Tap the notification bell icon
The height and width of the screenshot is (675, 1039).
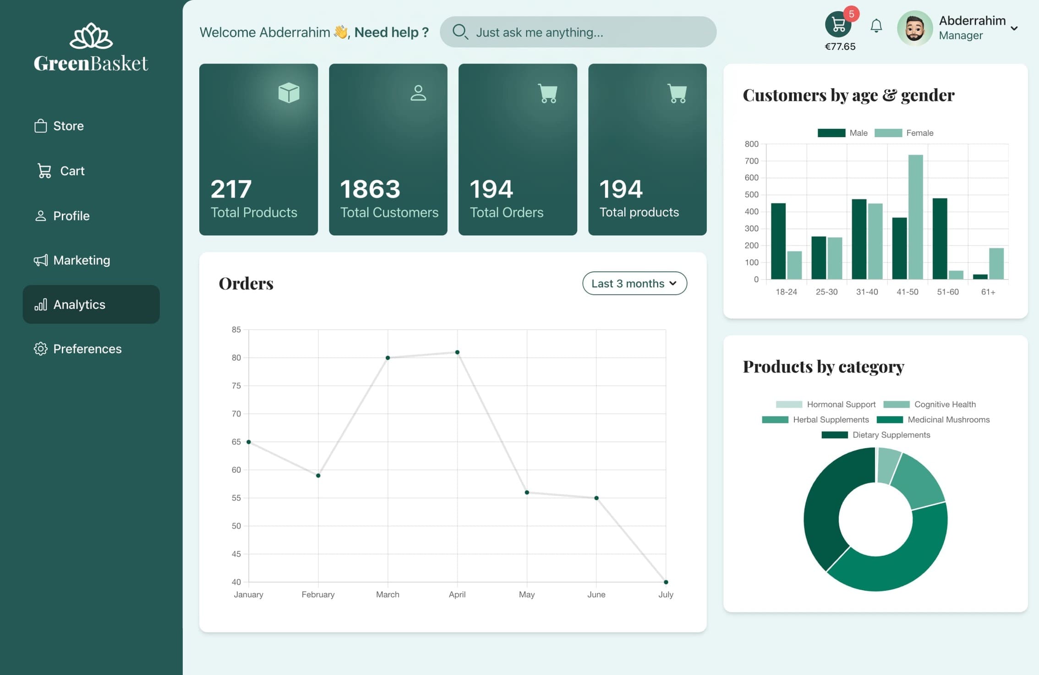[x=876, y=26]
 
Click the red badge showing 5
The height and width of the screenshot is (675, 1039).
[x=851, y=14]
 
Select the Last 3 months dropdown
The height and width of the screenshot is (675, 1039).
[x=634, y=283]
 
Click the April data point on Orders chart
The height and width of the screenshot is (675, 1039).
[x=457, y=352]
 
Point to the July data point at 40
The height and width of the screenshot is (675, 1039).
[x=666, y=582]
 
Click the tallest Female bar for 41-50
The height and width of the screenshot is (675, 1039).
[x=915, y=218]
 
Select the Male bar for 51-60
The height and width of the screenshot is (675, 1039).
[x=940, y=238]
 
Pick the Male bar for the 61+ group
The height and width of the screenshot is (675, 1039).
[x=980, y=277]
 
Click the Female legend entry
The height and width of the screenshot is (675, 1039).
[x=903, y=133]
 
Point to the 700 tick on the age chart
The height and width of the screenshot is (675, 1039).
[x=751, y=161]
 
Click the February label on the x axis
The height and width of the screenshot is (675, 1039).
[x=318, y=594]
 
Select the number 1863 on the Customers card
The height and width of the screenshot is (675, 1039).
[x=370, y=189]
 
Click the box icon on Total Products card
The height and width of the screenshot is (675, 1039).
[x=289, y=93]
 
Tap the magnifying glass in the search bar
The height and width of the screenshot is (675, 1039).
[x=459, y=32]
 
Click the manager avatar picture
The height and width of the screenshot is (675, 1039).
[x=914, y=28]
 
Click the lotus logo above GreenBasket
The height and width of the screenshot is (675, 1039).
[x=91, y=36]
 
